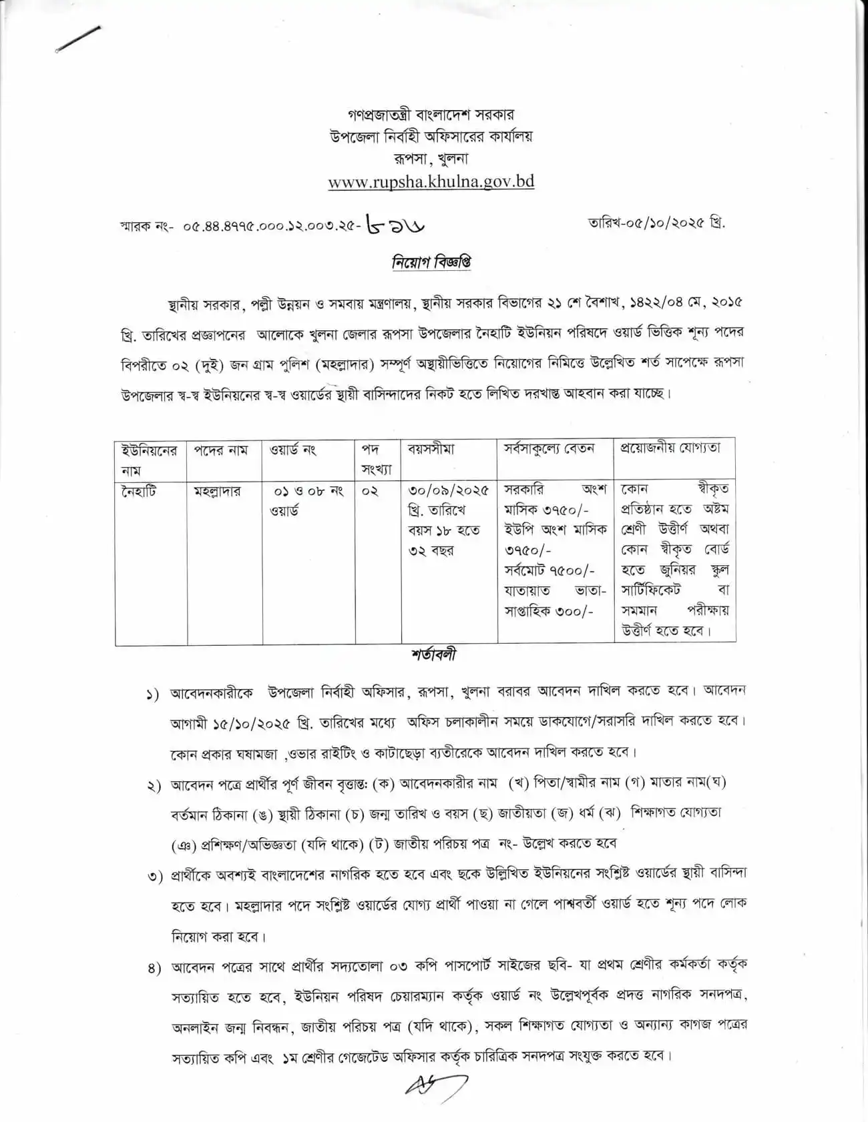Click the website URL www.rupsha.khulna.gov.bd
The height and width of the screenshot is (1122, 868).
point(431,182)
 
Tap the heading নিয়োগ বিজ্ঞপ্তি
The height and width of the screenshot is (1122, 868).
point(431,262)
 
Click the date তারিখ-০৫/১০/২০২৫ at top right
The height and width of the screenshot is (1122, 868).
point(656,223)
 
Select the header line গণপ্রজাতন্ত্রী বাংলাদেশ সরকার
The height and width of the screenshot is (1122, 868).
point(431,114)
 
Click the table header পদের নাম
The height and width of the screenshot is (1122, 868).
point(220,450)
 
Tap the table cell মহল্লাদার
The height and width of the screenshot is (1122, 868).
point(218,492)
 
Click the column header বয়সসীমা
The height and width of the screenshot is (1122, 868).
point(431,450)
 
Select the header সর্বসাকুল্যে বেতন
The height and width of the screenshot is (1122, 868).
point(549,449)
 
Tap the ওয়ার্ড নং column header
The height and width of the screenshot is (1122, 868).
point(292,450)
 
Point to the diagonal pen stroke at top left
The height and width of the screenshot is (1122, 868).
point(79,39)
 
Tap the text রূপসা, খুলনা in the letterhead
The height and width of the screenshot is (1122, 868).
point(431,159)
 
